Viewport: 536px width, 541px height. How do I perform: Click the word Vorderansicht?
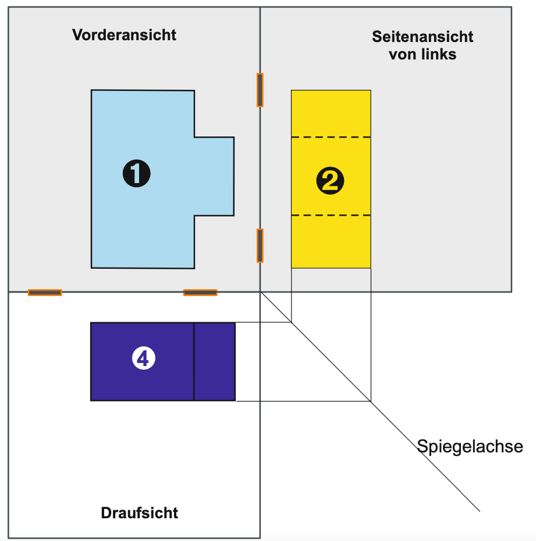pyautogui.click(x=124, y=35)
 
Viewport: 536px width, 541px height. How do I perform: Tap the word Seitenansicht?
pyautogui.click(x=423, y=37)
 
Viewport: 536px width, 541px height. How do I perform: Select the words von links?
pyautogui.click(x=423, y=54)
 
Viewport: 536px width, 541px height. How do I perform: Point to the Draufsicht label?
pyautogui.click(x=139, y=512)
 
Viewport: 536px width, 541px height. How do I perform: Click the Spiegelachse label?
pyautogui.click(x=470, y=446)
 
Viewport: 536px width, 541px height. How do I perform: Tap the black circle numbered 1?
pyautogui.click(x=136, y=173)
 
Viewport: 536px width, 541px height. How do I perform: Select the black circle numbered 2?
pyautogui.click(x=330, y=181)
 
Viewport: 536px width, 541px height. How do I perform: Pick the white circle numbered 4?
pyautogui.click(x=144, y=358)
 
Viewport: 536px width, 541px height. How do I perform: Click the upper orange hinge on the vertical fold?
pyautogui.click(x=260, y=90)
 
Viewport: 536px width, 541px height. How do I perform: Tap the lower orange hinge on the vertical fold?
pyautogui.click(x=260, y=245)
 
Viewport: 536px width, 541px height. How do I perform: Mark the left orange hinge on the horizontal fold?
pyautogui.click(x=45, y=293)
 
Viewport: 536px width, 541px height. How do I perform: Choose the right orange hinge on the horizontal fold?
pyautogui.click(x=200, y=293)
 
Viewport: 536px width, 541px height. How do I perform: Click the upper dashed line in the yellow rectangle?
pyautogui.click(x=331, y=138)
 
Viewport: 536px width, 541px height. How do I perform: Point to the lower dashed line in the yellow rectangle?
pyautogui.click(x=331, y=215)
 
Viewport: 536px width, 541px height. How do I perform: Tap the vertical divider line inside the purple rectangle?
pyautogui.click(x=194, y=361)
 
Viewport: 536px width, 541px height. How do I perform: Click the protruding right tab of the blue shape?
pyautogui.click(x=214, y=176)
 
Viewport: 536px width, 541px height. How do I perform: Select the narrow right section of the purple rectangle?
pyautogui.click(x=215, y=361)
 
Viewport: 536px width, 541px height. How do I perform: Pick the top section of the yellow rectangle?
pyautogui.click(x=331, y=114)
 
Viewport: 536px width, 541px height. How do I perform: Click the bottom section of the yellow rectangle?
pyautogui.click(x=331, y=241)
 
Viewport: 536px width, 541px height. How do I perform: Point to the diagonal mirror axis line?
pyautogui.click(x=370, y=402)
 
